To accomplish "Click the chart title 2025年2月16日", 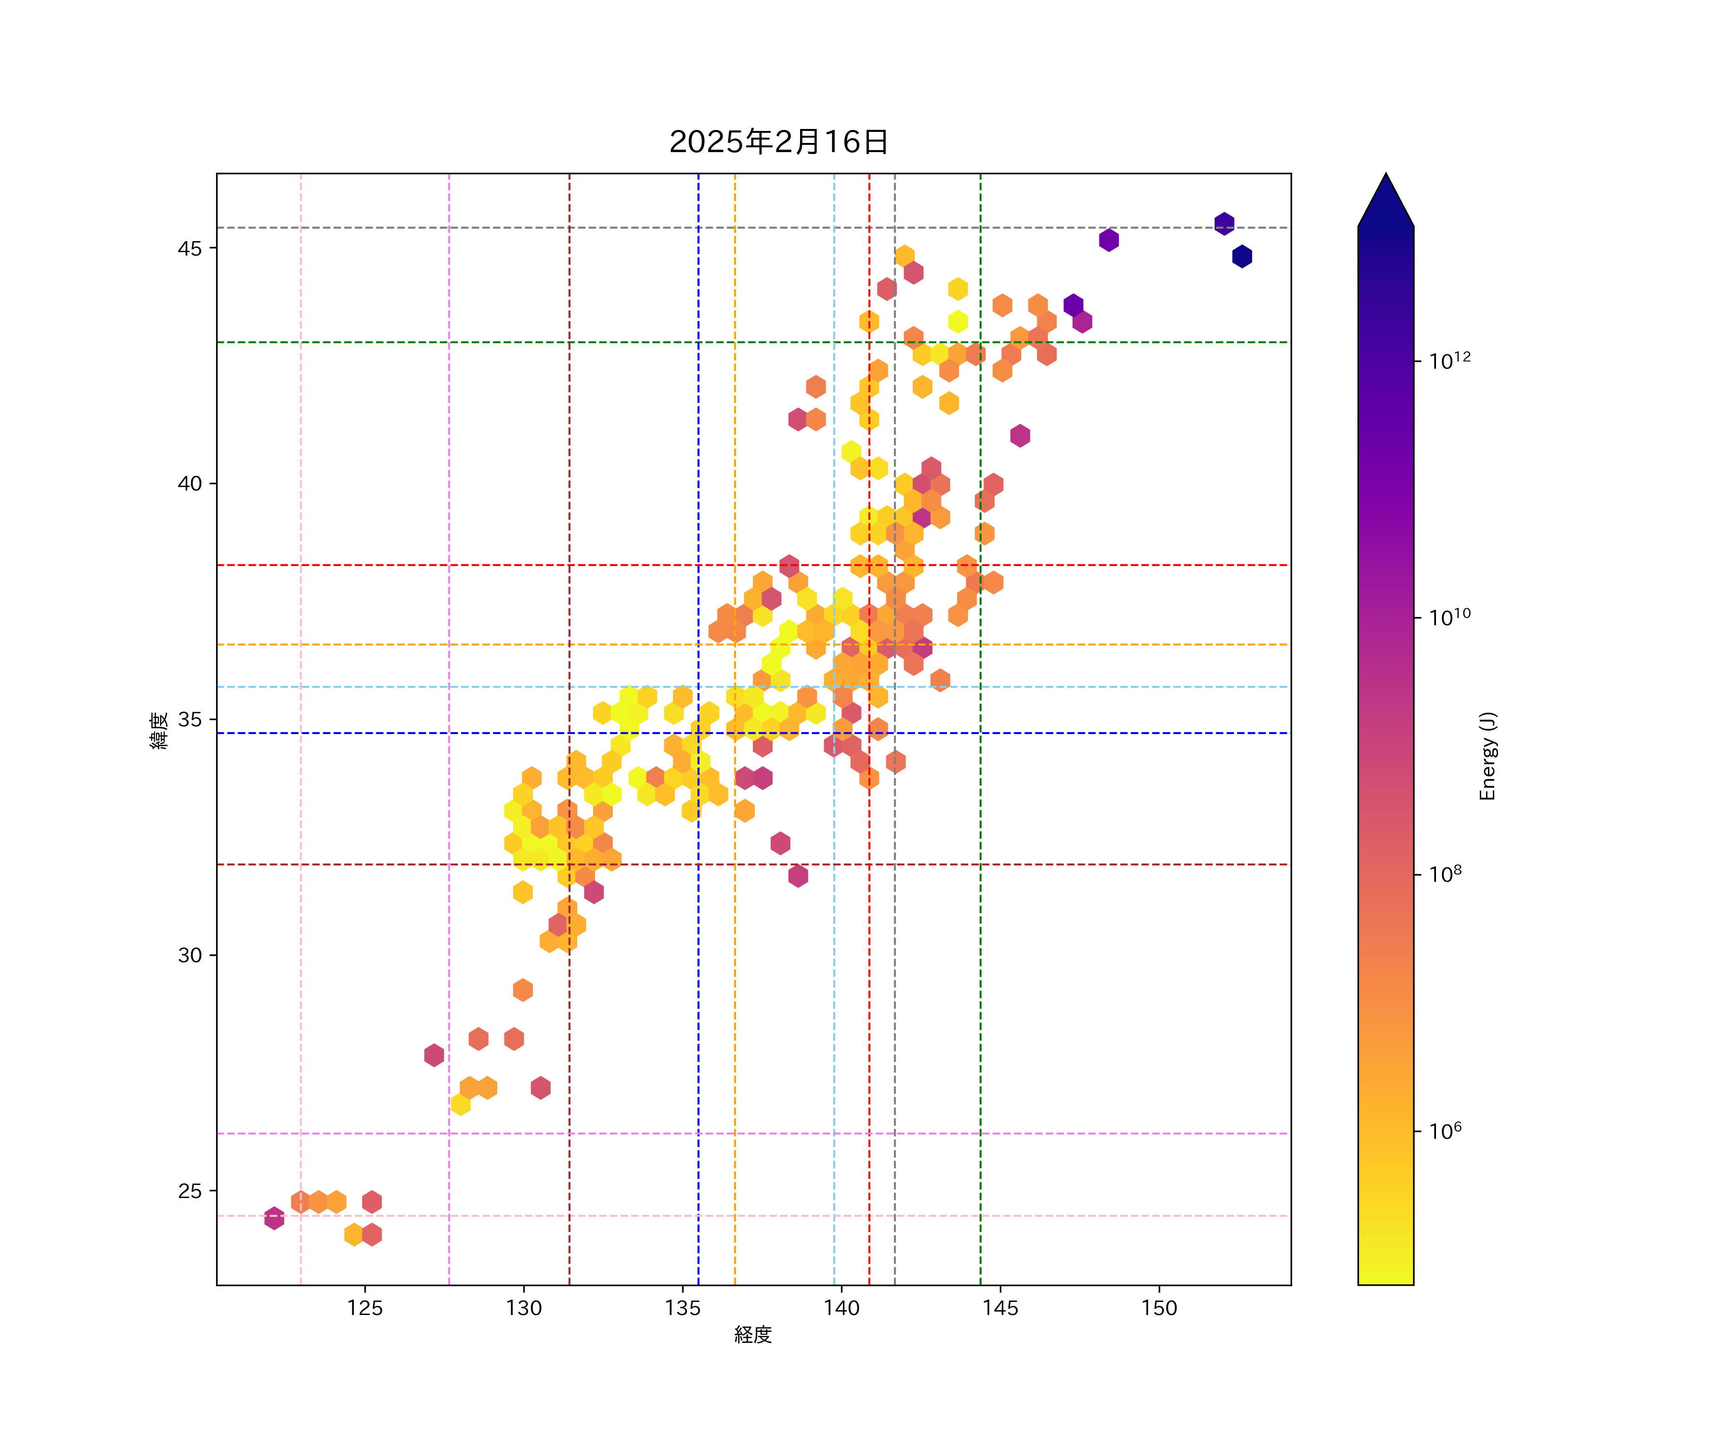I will [x=778, y=142].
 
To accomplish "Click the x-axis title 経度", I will [x=752, y=1334].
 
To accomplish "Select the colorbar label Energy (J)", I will [x=1487, y=756].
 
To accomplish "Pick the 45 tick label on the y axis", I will [x=190, y=248].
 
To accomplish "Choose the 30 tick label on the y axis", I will [x=190, y=955].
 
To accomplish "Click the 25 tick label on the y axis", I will [x=190, y=1191].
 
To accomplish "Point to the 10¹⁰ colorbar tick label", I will [x=1450, y=617].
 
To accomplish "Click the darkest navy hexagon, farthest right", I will [x=1242, y=257].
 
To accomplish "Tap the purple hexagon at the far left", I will [x=274, y=1218].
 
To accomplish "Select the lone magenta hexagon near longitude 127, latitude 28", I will [x=434, y=1055].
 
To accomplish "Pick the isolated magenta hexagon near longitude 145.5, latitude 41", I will [x=1020, y=436].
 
